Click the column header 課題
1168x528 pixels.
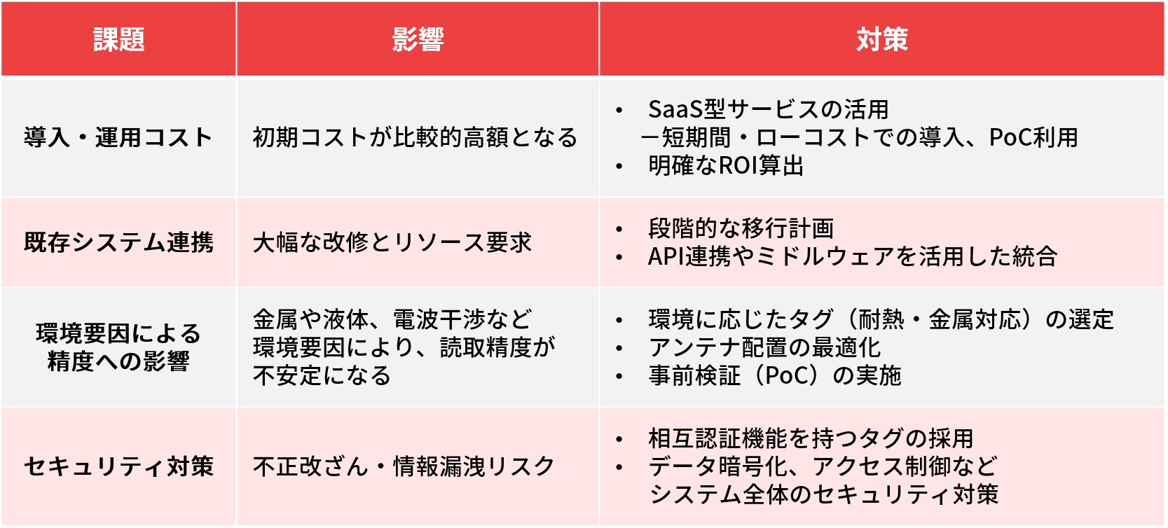[x=118, y=39]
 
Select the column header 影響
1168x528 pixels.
[x=418, y=39]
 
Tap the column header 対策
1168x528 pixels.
[x=881, y=39]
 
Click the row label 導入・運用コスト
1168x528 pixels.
[x=118, y=138]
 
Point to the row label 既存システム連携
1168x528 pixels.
[x=118, y=242]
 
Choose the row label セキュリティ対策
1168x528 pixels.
[x=118, y=466]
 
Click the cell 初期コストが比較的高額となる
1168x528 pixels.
[x=415, y=138]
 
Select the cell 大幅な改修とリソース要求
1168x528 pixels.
[x=392, y=242]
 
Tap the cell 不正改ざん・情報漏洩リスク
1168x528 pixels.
[x=404, y=466]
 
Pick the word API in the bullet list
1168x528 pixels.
[x=666, y=256]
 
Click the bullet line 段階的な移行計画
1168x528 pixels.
[x=741, y=228]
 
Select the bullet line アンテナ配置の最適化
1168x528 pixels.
[x=764, y=347]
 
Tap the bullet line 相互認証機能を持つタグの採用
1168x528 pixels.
[x=810, y=438]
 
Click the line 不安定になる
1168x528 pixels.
[x=322, y=376]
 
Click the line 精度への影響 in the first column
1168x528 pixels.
[x=118, y=361]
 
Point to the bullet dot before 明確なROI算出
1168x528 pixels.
[x=619, y=166]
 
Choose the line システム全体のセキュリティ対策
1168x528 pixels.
[x=823, y=494]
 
